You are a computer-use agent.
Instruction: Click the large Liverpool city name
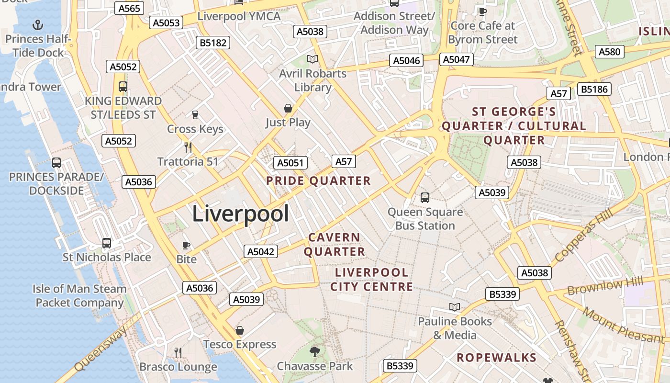click(240, 214)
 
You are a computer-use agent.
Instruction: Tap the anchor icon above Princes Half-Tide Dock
click(37, 24)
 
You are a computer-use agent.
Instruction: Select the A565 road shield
click(129, 8)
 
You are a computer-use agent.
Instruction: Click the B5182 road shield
click(213, 43)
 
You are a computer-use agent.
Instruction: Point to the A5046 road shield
click(406, 60)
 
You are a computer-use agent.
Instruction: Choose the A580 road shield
click(609, 52)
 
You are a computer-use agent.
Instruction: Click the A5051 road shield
click(290, 163)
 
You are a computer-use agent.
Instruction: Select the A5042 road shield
click(261, 251)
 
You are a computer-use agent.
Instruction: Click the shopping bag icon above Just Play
click(288, 108)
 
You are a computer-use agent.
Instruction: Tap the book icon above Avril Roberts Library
click(313, 59)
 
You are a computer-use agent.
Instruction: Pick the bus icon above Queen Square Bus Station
click(424, 197)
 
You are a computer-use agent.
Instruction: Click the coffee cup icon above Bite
click(186, 246)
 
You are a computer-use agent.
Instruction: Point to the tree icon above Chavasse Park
click(314, 352)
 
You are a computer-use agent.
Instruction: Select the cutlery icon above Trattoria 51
click(188, 147)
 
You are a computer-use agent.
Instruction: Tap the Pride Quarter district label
click(318, 181)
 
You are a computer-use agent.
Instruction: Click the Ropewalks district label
click(496, 358)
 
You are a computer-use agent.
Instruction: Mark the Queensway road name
click(101, 348)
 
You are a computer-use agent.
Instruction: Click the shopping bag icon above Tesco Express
click(240, 331)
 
